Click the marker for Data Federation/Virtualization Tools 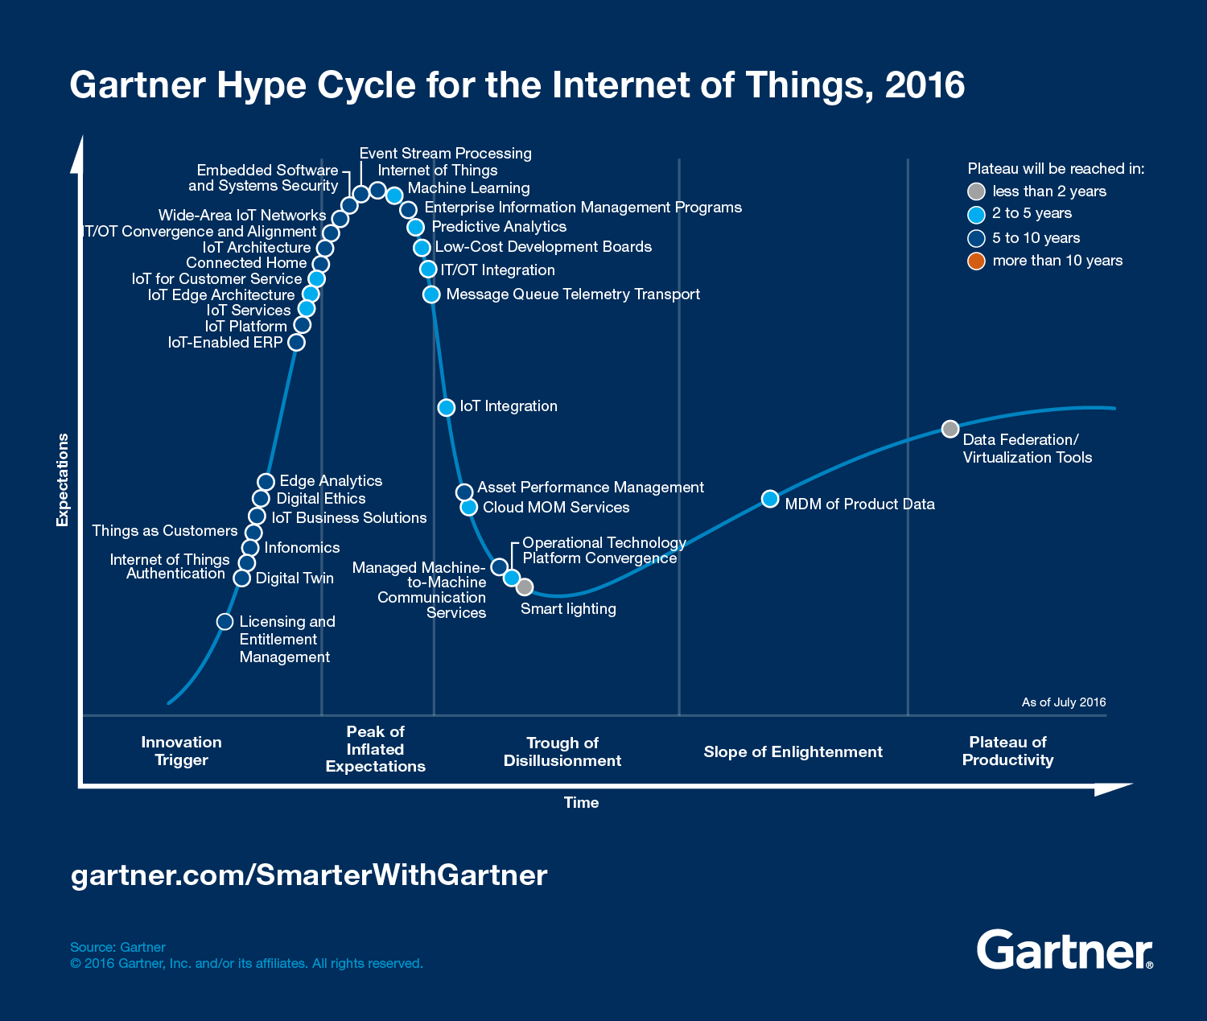coord(950,429)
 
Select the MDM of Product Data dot coord(770,499)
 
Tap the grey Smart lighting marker coord(525,587)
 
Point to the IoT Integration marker coord(447,407)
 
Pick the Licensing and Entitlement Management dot coord(225,622)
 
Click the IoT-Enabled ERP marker coord(296,342)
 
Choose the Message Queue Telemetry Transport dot coord(431,294)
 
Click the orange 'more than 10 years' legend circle coord(976,261)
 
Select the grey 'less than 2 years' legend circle coord(976,191)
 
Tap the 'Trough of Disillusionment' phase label coord(562,751)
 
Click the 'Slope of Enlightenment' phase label coord(793,751)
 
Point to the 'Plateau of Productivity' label coord(1007,751)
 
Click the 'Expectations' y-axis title coord(63,480)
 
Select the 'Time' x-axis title coord(581,802)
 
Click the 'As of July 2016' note coord(1064,702)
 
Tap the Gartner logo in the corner coord(1064,950)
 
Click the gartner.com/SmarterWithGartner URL coord(309,875)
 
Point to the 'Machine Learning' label coord(468,188)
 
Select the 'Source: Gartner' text coord(117,947)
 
